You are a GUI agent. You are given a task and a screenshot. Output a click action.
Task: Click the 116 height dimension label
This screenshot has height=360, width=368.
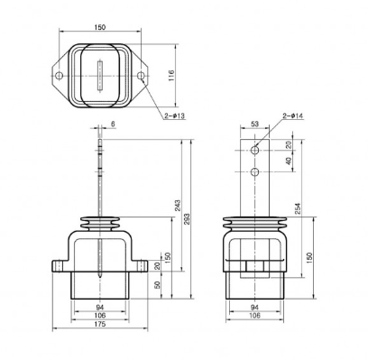(x=171, y=76)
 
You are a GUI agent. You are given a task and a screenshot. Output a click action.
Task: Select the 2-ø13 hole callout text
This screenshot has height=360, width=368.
(x=175, y=115)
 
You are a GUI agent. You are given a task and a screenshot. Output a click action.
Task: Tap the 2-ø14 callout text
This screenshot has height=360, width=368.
(x=293, y=115)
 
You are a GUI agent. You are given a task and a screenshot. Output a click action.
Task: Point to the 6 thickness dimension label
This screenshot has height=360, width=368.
(x=113, y=124)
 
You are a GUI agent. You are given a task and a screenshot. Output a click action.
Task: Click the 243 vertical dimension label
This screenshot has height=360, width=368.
(x=178, y=206)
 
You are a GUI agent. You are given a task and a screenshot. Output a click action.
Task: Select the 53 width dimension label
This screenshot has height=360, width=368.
(x=254, y=124)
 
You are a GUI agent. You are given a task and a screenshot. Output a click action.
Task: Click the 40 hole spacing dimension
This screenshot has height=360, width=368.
(x=289, y=161)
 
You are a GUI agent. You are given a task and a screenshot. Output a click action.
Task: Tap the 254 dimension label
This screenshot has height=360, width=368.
(x=298, y=208)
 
